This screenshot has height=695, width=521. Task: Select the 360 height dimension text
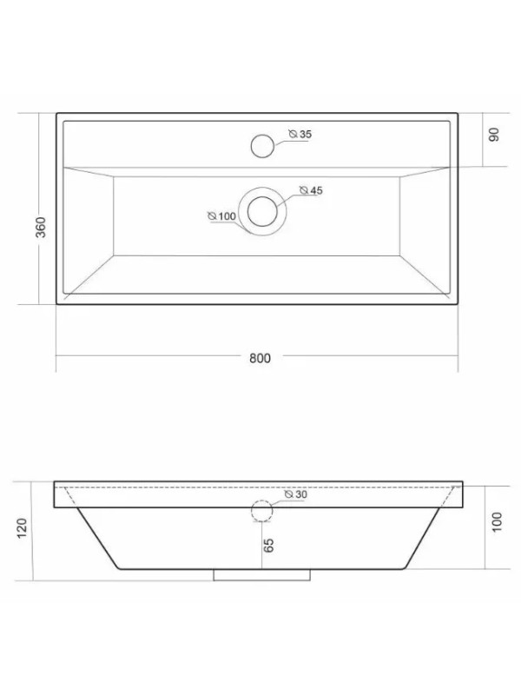(40, 227)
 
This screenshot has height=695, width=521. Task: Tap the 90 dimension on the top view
(492, 136)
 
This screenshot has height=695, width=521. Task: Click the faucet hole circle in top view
(261, 146)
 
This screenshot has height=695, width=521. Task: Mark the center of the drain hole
(261, 211)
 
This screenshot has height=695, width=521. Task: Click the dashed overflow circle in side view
(261, 510)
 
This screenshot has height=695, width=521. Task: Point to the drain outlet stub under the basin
(261, 575)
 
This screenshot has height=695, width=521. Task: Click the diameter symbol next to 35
(293, 134)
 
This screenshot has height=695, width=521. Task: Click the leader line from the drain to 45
(287, 197)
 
